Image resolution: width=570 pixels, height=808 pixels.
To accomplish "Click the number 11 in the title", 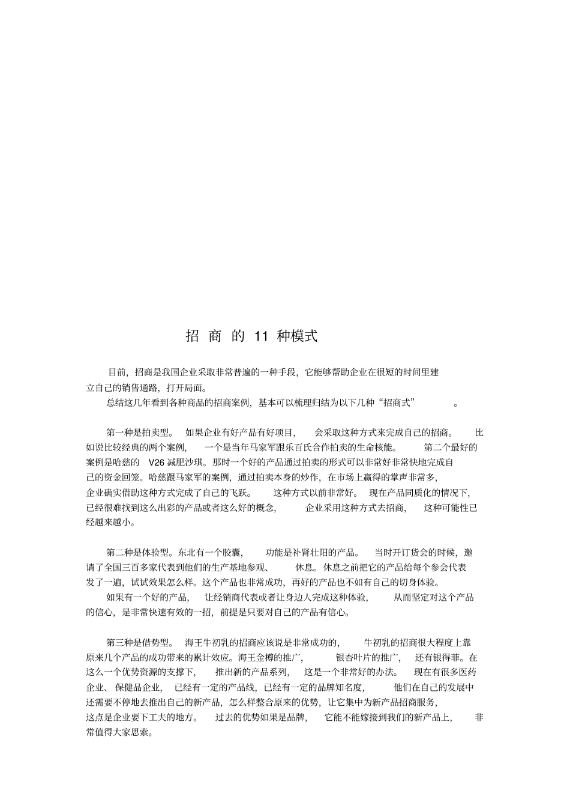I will [260, 336].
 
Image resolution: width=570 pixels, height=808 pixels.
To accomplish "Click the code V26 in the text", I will [156, 463].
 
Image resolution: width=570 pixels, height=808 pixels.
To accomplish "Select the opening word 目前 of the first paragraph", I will [116, 372].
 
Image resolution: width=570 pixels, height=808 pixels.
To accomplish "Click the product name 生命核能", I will [372, 448].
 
